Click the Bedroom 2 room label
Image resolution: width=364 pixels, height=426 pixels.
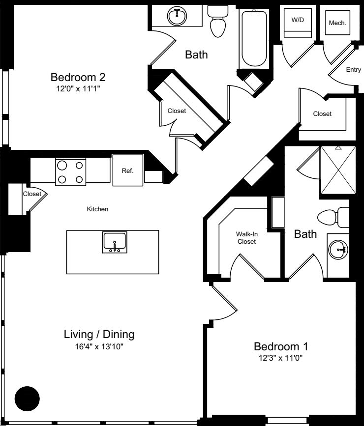tap(78, 78)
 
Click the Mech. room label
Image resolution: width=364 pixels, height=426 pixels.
tap(337, 23)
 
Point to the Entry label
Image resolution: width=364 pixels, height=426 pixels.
tap(353, 70)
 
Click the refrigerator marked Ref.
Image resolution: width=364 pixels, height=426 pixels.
tap(128, 170)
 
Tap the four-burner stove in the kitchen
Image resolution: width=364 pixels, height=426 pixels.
tap(70, 171)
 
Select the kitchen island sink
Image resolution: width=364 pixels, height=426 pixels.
tap(115, 242)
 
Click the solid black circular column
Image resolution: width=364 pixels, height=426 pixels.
tap(27, 398)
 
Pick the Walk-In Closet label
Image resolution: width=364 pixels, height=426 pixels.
tap(247, 238)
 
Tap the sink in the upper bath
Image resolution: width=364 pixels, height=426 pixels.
tap(176, 16)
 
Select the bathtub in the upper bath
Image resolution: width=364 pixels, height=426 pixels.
tap(254, 38)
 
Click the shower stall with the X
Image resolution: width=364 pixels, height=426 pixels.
tap(337, 170)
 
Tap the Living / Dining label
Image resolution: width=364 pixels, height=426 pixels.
tap(99, 335)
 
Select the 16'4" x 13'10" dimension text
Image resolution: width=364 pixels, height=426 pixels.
tap(99, 347)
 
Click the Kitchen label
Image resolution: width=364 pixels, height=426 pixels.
tap(97, 209)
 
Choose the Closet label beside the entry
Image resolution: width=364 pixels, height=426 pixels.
tap(322, 114)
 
